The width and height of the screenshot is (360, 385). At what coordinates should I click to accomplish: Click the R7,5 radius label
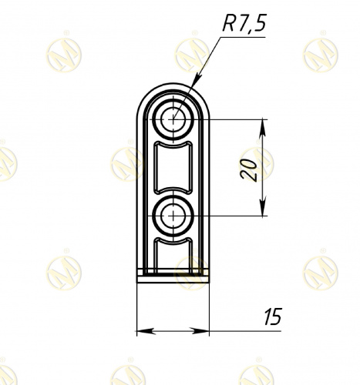click(x=244, y=23)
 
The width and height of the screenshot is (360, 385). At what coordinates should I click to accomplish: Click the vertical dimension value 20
click(x=249, y=170)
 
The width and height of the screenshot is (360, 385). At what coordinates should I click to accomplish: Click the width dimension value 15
click(x=273, y=316)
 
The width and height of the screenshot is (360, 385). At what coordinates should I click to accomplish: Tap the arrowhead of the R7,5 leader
click(x=197, y=79)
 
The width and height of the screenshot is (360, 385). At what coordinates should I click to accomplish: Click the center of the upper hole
click(x=173, y=119)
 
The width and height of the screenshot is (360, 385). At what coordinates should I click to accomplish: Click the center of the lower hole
click(x=173, y=216)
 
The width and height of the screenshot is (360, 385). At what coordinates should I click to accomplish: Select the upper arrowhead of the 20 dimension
click(x=262, y=128)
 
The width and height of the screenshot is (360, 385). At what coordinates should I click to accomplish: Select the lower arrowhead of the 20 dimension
click(x=262, y=207)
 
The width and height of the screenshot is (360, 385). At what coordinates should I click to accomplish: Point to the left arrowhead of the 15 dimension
click(x=146, y=331)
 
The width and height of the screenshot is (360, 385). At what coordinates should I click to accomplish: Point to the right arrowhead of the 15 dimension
click(x=200, y=331)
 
